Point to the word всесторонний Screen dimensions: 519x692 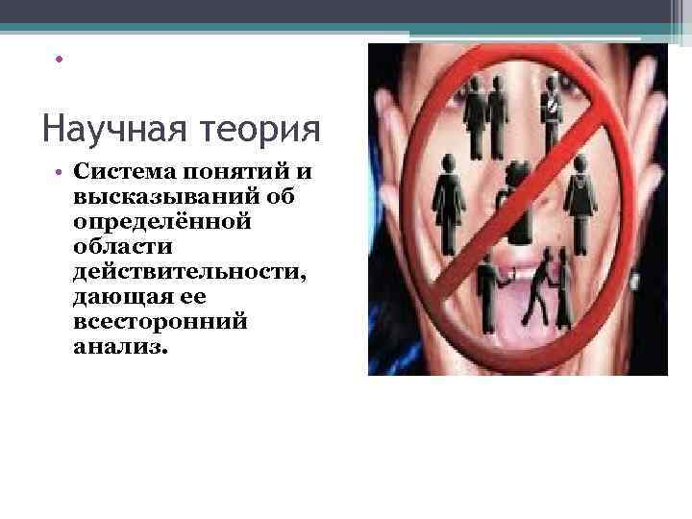[159, 322]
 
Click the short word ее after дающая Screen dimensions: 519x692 [191, 297]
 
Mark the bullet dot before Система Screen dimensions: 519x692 [59, 173]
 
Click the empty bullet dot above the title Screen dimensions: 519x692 [59, 60]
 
